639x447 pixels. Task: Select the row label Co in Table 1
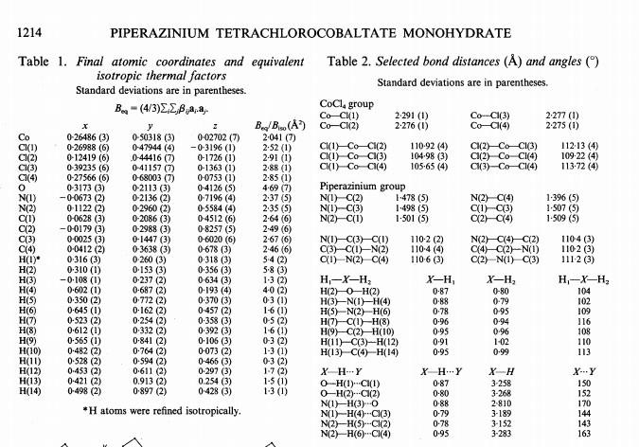[x=25, y=137]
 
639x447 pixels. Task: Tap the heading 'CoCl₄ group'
[x=348, y=103]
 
